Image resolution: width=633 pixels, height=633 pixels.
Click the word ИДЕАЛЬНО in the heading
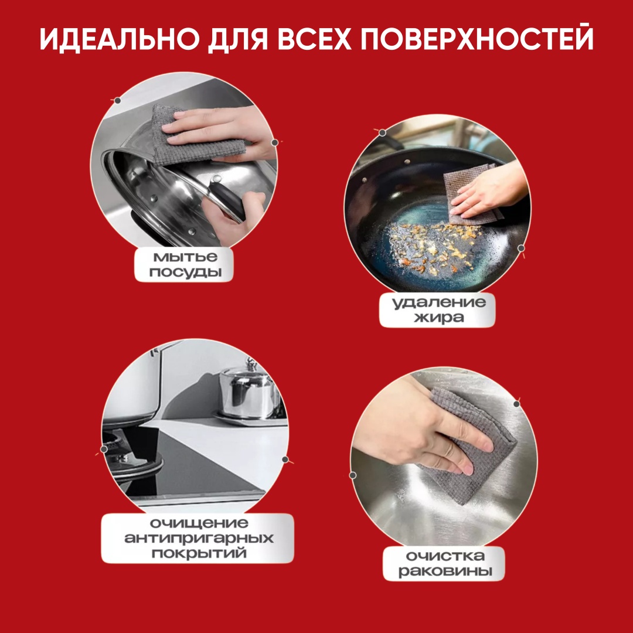120,39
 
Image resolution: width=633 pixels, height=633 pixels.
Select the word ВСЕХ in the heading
315,39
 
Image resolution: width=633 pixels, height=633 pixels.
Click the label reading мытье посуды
184,264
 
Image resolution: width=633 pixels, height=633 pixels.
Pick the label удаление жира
437,310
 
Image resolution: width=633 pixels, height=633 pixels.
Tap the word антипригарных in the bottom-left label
198,538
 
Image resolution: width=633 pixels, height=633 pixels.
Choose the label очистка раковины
444,563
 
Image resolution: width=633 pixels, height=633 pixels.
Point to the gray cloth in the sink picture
470,444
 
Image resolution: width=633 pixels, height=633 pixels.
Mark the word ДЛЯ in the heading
238,40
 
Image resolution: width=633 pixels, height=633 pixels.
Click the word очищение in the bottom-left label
199,523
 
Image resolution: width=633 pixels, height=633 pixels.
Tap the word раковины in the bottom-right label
445,571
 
